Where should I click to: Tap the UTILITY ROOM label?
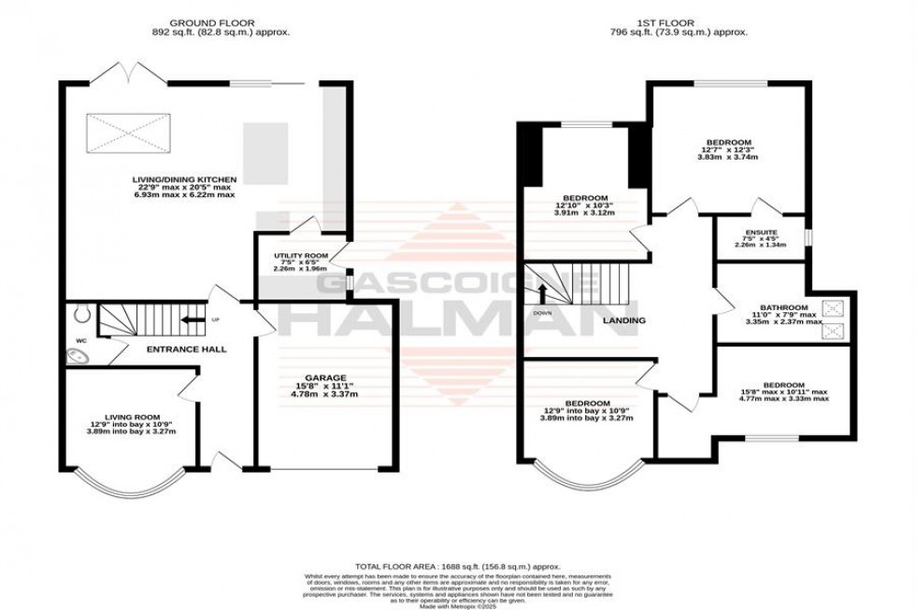pyautogui.click(x=300, y=255)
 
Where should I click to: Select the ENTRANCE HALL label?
pyautogui.click(x=187, y=349)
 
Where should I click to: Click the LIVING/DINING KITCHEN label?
pyautogui.click(x=182, y=178)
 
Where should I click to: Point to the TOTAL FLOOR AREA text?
pyautogui.click(x=458, y=567)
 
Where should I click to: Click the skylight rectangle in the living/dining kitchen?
pyautogui.click(x=129, y=131)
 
